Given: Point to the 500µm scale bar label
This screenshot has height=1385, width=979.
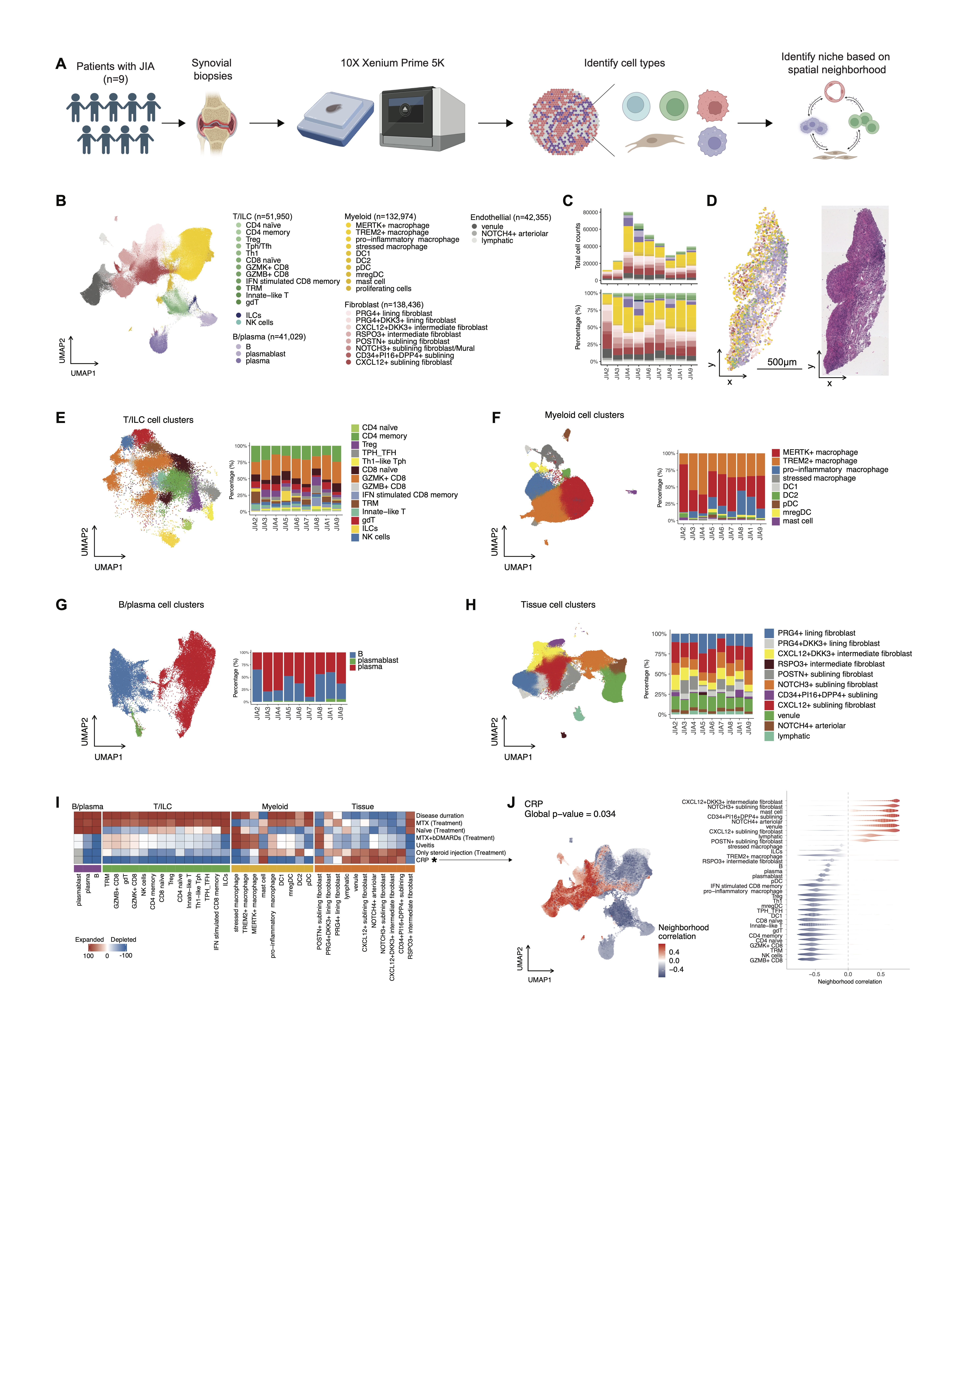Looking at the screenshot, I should coord(782,362).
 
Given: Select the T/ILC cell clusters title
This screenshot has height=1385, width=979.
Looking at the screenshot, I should coord(158,420).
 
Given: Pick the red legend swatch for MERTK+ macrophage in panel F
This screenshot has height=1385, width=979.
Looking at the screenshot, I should coord(776,452).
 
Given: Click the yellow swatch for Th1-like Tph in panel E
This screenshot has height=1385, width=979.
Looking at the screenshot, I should coord(355,462).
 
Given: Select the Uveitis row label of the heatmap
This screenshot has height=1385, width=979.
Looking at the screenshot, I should coord(425,845).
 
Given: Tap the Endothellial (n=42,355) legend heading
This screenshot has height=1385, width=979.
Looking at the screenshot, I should coord(510,217).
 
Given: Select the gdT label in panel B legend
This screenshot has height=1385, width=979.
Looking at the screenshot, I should coord(252,302).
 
